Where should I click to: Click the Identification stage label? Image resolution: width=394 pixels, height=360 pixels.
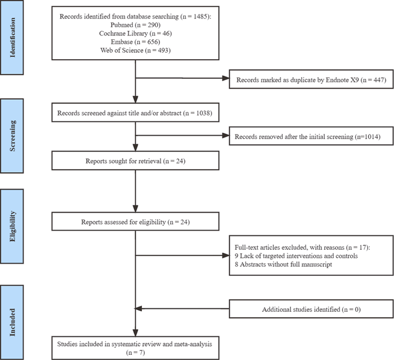click(12, 38)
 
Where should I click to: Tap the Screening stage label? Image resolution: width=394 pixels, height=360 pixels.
click(12, 136)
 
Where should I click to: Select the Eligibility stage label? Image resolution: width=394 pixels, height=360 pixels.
click(12, 226)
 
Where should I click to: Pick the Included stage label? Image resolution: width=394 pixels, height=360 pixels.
click(12, 322)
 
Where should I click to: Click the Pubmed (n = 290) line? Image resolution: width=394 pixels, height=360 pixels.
click(136, 25)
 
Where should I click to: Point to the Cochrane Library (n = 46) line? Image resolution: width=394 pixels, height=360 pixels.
click(136, 34)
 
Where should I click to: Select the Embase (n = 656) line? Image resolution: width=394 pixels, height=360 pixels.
click(136, 42)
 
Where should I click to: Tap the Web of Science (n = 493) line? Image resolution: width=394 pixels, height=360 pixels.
click(136, 50)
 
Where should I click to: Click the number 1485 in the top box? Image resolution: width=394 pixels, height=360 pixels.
click(200, 16)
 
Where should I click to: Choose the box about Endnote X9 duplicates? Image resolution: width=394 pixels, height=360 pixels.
click(311, 79)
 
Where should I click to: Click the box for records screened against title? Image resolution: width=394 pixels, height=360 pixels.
click(136, 112)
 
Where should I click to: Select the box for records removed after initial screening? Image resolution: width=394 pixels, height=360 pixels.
click(311, 136)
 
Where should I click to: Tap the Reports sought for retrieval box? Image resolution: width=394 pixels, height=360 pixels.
click(136, 161)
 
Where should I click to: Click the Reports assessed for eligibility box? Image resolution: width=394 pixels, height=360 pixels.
click(136, 221)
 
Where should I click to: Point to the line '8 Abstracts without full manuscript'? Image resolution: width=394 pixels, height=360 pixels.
click(283, 264)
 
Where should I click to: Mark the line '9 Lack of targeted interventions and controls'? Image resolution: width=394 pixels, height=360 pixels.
click(296, 256)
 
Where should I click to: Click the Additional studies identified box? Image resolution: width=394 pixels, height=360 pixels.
click(311, 309)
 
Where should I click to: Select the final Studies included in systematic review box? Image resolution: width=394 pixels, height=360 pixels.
click(136, 348)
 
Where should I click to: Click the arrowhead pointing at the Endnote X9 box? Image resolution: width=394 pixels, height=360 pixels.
click(226, 78)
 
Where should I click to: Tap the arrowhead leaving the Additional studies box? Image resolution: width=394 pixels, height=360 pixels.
click(138, 308)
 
